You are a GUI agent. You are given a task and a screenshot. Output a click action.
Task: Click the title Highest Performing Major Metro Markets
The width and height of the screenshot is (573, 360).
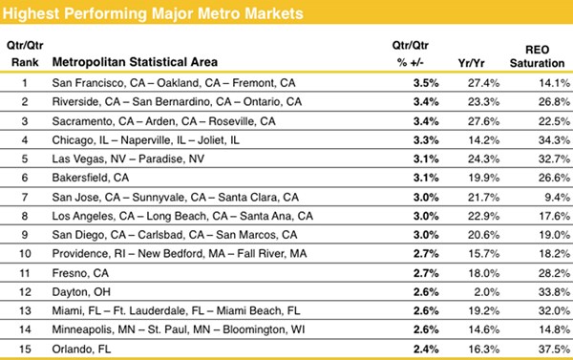[x=158, y=14]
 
